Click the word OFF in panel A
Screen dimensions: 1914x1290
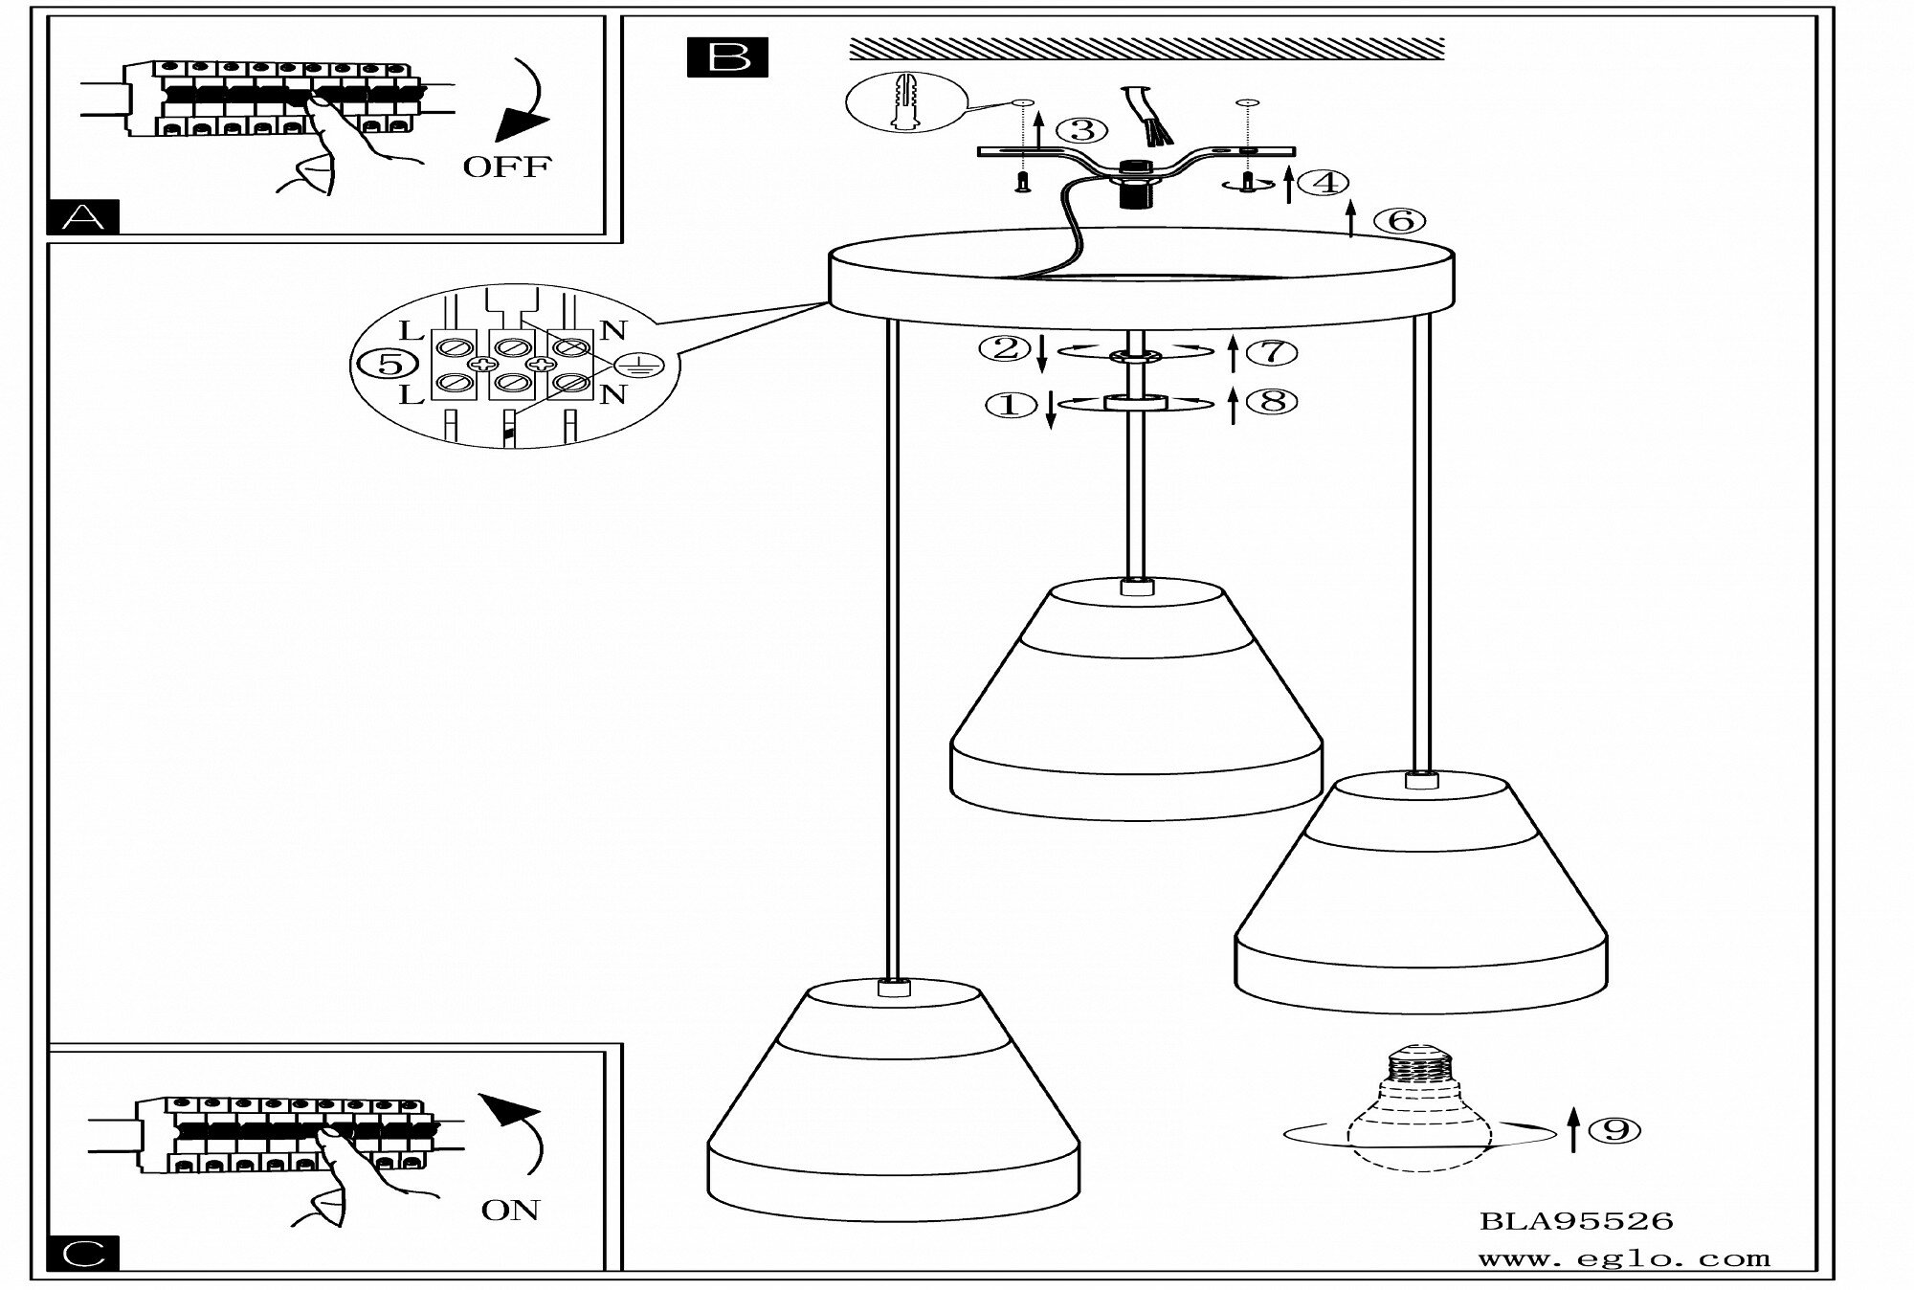506,167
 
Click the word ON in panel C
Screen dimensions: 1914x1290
510,1210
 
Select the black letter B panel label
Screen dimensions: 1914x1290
727,56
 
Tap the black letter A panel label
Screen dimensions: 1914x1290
83,217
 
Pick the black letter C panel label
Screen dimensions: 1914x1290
83,1253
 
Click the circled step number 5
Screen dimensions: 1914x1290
386,364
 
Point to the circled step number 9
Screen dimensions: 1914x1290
1614,1130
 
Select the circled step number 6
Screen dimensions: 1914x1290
1400,221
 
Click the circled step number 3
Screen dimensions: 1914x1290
1081,130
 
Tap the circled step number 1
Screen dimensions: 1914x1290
1011,405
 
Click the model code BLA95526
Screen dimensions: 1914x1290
1576,1221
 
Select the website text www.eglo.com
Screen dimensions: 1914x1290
1624,1259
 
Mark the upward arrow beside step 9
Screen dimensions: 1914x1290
1572,1130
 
